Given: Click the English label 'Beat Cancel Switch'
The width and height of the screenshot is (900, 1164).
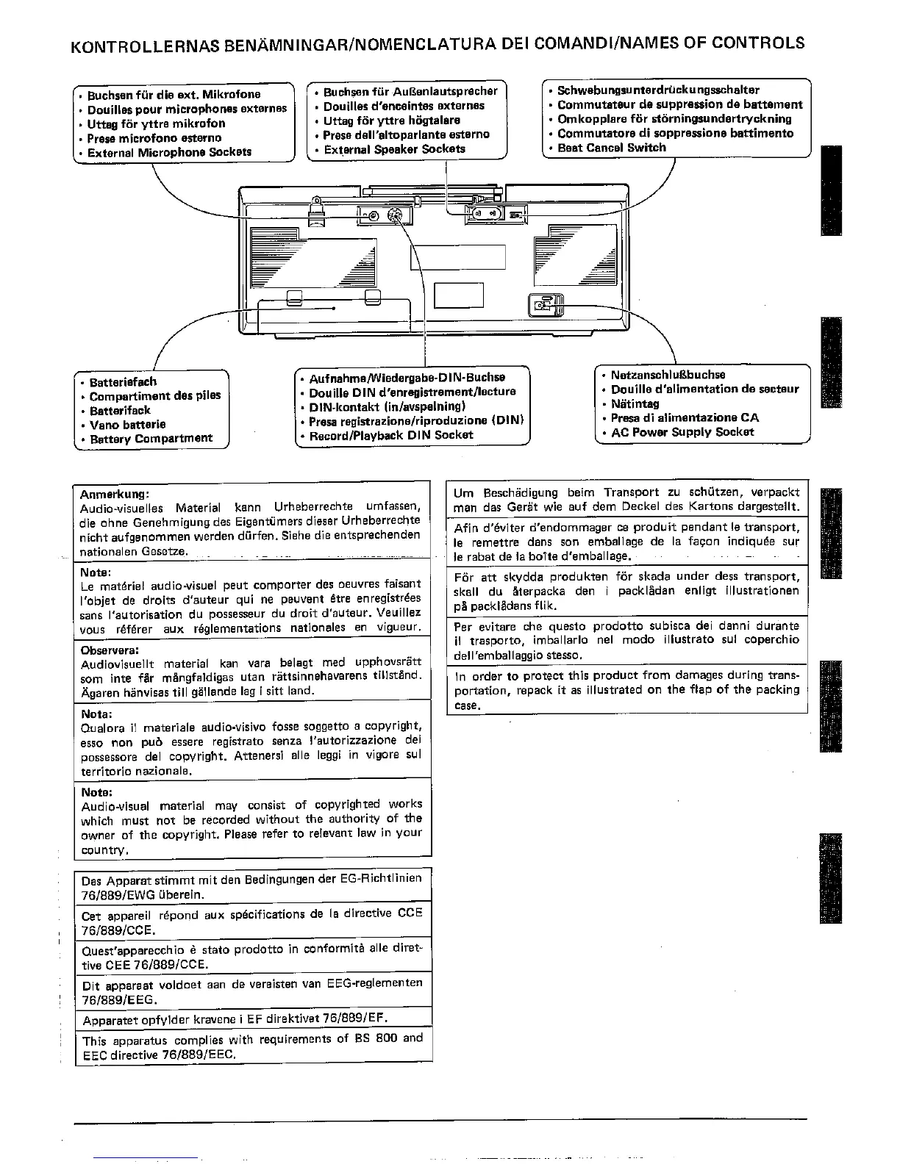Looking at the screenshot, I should point(612,148).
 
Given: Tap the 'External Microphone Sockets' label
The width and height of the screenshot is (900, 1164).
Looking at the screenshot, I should point(169,153).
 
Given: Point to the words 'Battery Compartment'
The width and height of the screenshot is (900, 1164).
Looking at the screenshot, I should point(151,439).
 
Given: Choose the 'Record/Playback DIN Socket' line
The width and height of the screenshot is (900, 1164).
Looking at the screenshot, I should point(391,435).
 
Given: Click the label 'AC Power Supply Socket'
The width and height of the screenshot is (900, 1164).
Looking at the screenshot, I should point(682,432).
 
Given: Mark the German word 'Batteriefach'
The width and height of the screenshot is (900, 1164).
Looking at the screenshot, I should point(123,382).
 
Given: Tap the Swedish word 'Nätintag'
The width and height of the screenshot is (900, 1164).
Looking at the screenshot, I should point(635,403).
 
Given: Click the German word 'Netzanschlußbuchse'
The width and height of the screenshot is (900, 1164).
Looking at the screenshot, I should point(668,375).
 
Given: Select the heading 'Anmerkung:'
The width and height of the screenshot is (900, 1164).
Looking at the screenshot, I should point(115,494).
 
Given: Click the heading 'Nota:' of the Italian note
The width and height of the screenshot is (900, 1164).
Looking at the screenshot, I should point(96,714).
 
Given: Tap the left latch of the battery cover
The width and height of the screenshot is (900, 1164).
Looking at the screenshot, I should point(293,298).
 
